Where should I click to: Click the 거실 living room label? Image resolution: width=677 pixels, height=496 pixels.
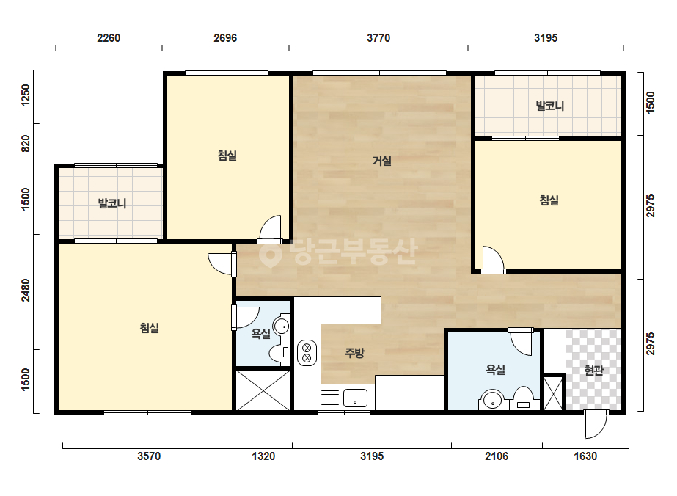[381, 161]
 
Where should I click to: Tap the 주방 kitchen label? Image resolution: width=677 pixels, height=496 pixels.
[354, 353]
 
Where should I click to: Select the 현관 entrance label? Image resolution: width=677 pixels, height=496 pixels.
[593, 371]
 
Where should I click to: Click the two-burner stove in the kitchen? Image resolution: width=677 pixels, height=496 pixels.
[307, 353]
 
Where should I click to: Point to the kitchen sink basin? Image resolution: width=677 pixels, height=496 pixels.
[355, 398]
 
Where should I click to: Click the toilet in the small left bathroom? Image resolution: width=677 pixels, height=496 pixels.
[279, 352]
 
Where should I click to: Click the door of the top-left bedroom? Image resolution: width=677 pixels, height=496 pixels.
[270, 230]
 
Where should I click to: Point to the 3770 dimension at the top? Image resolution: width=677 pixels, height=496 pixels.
[378, 38]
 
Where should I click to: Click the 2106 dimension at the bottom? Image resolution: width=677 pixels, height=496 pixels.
[497, 456]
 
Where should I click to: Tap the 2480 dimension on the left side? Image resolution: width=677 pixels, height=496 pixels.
[26, 290]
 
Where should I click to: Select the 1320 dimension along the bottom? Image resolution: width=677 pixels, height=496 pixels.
[263, 456]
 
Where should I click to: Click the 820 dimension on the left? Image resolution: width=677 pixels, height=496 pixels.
[26, 144]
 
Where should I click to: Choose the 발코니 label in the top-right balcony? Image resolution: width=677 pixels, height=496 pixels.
[549, 106]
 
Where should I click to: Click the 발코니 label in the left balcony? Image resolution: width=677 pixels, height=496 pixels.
[112, 203]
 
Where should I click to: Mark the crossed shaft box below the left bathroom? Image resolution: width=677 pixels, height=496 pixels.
[263, 390]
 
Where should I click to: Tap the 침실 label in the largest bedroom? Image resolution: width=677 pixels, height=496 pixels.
[150, 328]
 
